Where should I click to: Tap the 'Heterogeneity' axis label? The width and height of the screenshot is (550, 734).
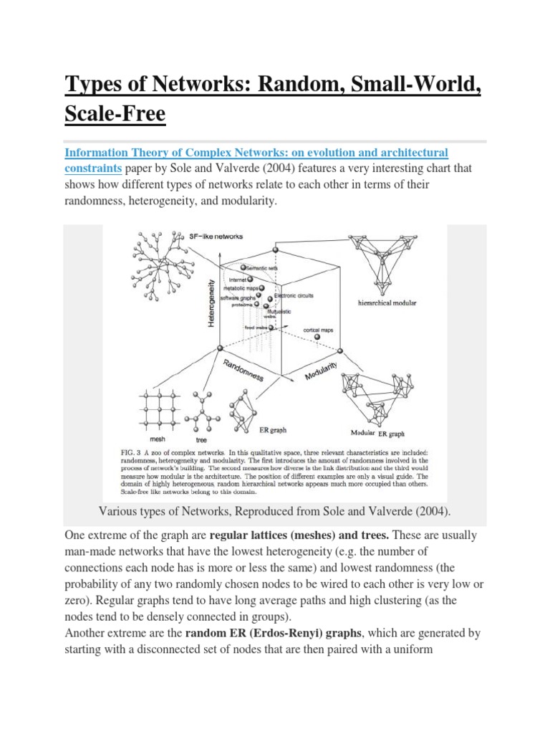[x=211, y=302]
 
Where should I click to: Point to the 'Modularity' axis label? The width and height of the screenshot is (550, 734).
[x=322, y=367]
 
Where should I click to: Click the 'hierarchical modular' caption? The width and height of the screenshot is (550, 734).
[x=387, y=303]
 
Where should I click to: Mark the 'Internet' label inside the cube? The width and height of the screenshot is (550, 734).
[x=238, y=279]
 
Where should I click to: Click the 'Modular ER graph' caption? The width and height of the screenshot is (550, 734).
[x=377, y=434]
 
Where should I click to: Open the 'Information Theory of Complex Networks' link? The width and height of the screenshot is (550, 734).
[x=256, y=153]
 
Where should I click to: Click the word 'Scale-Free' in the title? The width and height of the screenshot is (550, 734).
[x=115, y=113]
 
